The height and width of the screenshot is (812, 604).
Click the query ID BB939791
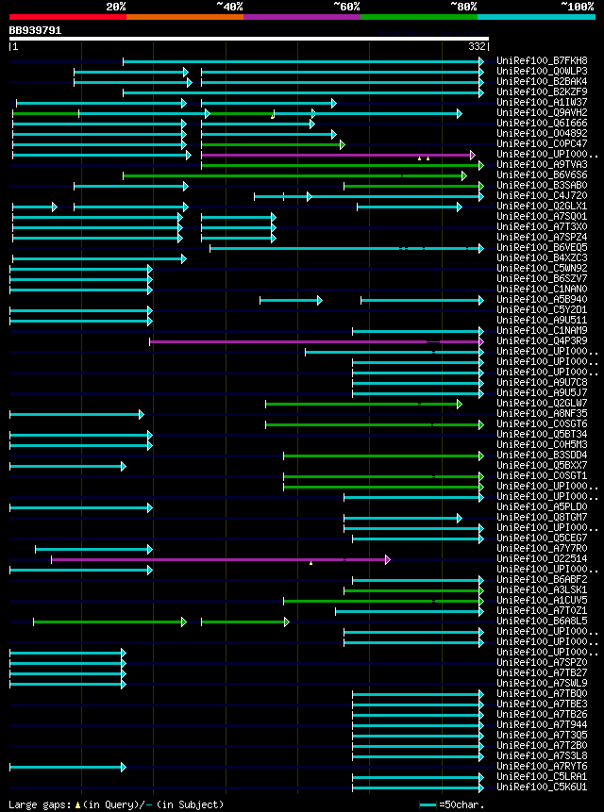coord(36,30)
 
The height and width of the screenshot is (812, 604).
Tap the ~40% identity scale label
coord(229,6)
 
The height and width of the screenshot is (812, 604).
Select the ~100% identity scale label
coord(577,6)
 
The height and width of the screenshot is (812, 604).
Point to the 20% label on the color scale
coord(116,6)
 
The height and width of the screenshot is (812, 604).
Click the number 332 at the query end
coord(477,45)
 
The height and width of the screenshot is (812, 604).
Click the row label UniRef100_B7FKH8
coord(541,60)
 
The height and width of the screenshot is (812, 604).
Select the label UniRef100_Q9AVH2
coord(541,112)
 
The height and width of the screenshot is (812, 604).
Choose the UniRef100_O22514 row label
coord(541,558)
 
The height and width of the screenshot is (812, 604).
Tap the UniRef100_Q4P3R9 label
coord(541,340)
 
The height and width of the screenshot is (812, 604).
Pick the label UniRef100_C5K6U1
coord(541,787)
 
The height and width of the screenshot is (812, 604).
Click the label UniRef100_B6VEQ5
coord(541,247)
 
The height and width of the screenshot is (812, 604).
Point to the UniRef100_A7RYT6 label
coord(541,766)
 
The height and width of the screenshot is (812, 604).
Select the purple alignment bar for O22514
coord(217,559)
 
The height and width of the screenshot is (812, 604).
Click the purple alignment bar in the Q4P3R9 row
coord(311,341)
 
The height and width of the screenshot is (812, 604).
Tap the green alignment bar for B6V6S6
coord(293,175)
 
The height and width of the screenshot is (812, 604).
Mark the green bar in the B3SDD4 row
coord(382,456)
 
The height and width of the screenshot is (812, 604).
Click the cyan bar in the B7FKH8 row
coord(302,61)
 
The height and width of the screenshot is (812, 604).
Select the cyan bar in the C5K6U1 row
coord(416,787)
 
